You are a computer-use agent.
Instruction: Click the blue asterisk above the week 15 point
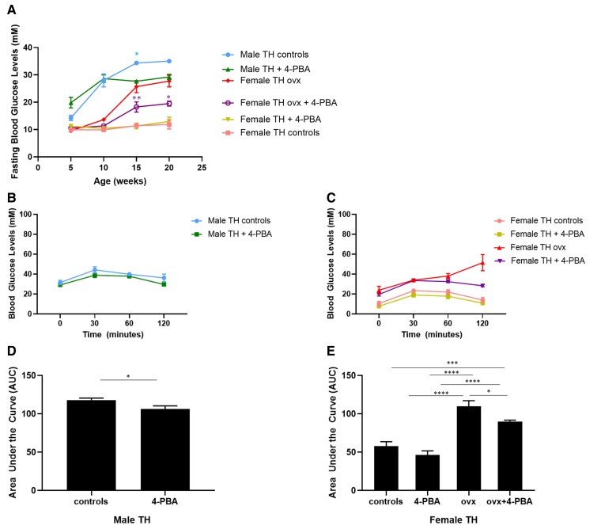tap(136, 54)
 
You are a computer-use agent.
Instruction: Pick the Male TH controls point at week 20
tap(168, 61)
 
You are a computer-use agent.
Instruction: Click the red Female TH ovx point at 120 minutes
tap(482, 263)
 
